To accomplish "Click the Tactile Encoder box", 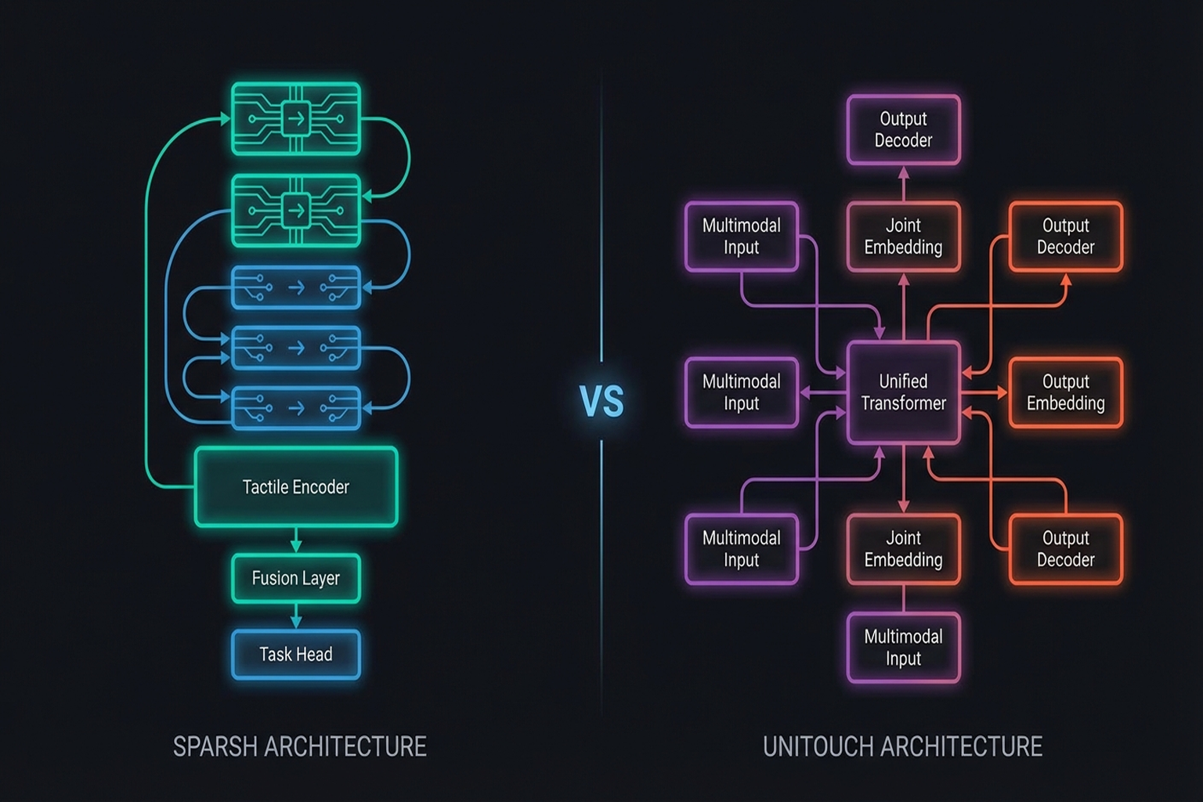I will pos(296,486).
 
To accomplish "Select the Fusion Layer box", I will pos(296,579).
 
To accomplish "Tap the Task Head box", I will pos(296,654).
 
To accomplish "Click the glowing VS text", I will pos(601,401).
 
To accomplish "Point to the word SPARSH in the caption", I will pos(215,746).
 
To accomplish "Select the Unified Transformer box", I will pos(903,392).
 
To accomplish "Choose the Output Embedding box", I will pos(1065,392).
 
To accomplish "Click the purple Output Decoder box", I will pos(903,130).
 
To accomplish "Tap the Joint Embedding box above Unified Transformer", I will pos(903,237).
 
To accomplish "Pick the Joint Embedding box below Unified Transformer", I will pos(903,549).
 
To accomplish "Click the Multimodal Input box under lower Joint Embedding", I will pos(903,648).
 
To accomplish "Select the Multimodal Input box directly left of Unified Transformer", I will pos(741,392).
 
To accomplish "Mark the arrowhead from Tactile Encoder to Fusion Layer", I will pos(296,546).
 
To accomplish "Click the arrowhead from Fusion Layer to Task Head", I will pos(296,622).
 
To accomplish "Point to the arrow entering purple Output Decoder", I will pos(903,172).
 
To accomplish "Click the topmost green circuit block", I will pos(296,119).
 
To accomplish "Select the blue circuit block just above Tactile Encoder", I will pos(296,408).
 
